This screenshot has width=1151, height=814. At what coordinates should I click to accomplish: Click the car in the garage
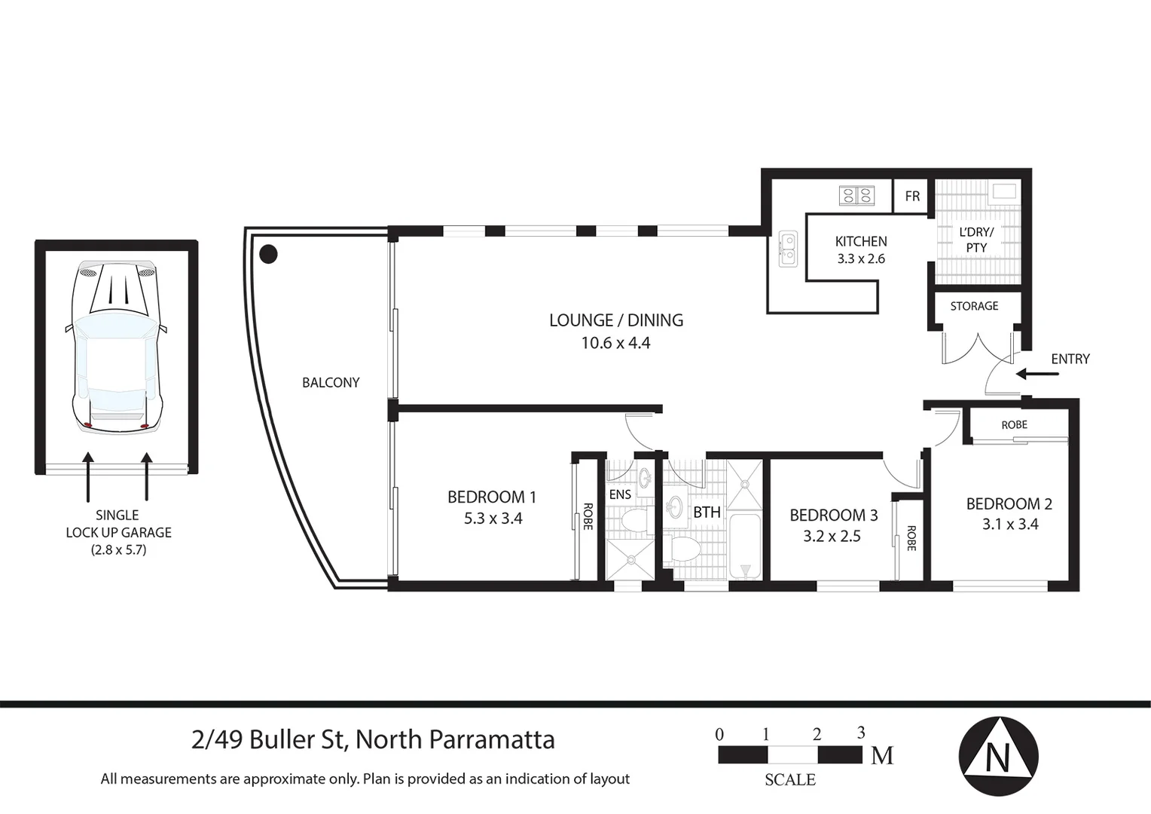tap(117, 347)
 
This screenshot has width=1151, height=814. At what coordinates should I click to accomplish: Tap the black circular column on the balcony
tap(268, 254)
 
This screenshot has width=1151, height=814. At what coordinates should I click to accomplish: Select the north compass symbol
tap(998, 756)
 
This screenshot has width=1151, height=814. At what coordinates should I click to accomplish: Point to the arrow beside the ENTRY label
tap(1030, 374)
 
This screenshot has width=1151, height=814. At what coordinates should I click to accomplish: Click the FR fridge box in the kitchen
tap(912, 197)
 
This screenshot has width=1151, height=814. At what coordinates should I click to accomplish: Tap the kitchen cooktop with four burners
tap(856, 196)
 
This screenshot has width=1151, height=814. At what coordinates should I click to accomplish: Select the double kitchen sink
tap(787, 249)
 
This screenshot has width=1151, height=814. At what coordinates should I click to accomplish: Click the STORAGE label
tap(974, 306)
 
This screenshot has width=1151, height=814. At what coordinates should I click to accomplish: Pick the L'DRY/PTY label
tap(976, 240)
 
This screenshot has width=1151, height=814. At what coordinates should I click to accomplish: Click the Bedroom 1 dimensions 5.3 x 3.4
tap(493, 519)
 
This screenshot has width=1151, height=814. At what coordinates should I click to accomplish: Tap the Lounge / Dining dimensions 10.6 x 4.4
tap(615, 343)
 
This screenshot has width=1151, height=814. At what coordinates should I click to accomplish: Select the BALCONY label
tap(331, 383)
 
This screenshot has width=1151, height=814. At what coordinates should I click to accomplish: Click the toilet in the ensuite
tap(635, 519)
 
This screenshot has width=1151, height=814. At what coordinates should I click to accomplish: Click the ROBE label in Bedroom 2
tap(1014, 425)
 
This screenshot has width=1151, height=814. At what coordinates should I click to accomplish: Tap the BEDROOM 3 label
tap(833, 516)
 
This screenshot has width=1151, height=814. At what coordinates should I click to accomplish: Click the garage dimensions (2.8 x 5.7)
tap(118, 550)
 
